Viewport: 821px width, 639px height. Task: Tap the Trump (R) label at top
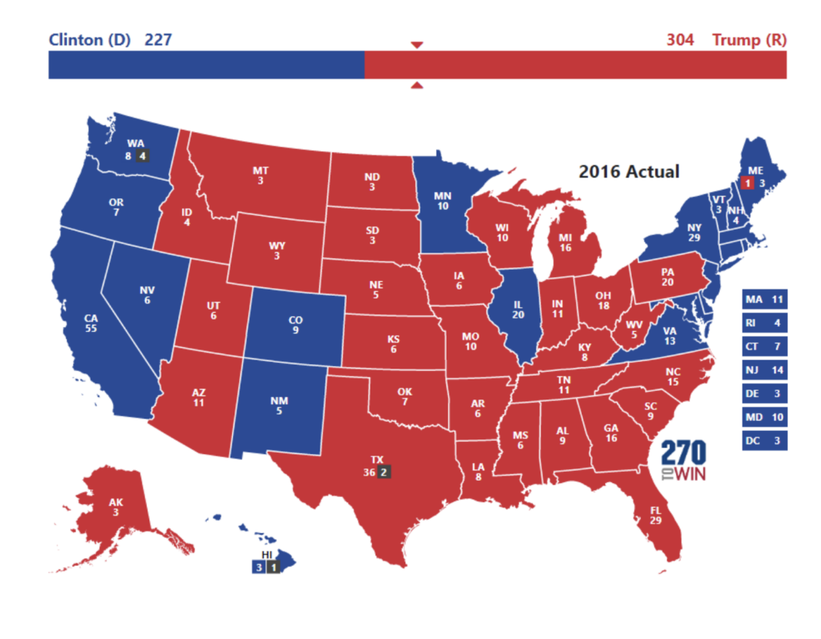(x=749, y=39)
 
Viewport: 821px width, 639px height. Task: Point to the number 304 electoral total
(x=680, y=39)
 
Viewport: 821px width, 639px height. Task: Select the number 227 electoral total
(x=158, y=39)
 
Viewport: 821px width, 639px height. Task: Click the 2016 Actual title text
(x=629, y=171)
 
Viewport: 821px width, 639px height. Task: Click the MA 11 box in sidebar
(x=765, y=299)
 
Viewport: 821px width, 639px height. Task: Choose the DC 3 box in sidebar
(x=765, y=441)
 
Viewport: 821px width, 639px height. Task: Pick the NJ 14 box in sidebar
(x=765, y=370)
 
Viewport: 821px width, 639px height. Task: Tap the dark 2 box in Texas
(x=385, y=472)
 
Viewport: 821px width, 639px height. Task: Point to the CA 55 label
(x=91, y=322)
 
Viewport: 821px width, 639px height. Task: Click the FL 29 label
(x=655, y=515)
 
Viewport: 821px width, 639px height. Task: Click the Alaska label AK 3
(x=115, y=508)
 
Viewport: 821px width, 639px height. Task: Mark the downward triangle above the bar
(x=417, y=45)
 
